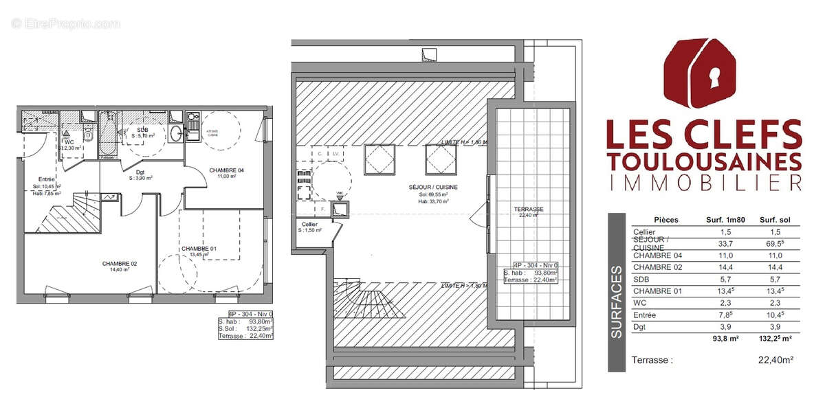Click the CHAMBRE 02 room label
click(115, 263)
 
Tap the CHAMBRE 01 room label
click(194, 248)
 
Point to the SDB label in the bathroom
click(142, 130)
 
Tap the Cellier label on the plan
click(309, 225)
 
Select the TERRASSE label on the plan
click(529, 208)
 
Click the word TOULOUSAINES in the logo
click(704, 161)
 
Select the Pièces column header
click(665, 220)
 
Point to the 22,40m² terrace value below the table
click(775, 359)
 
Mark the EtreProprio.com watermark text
click(65, 23)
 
